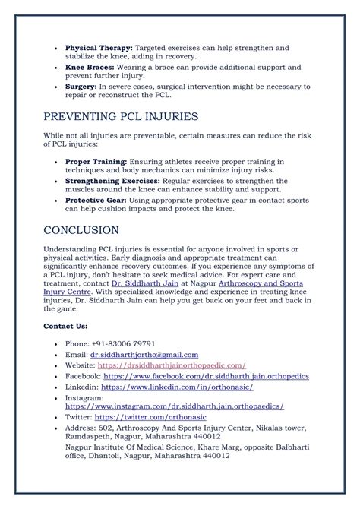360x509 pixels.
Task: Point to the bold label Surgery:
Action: [x=81, y=87]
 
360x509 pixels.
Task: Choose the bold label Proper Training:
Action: [x=96, y=162]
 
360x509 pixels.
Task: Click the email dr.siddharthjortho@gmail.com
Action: [x=144, y=354]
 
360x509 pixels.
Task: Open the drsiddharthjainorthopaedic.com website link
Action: [x=174, y=365]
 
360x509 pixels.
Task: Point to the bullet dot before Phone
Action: [x=58, y=344]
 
